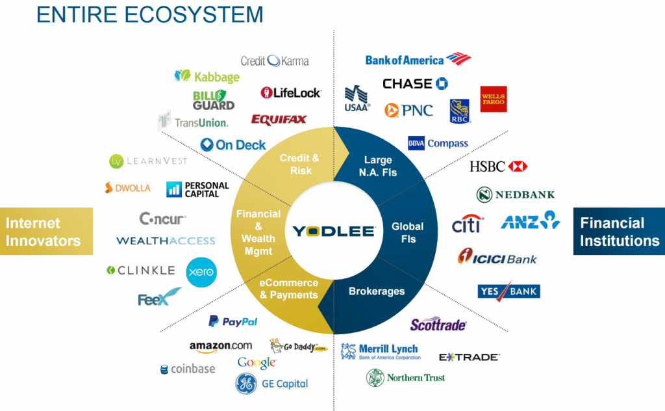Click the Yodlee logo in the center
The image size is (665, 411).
[333, 231]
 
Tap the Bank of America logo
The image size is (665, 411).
[417, 60]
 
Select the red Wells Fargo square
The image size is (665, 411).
[494, 99]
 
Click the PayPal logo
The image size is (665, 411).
[232, 321]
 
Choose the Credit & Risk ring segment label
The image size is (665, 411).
[299, 164]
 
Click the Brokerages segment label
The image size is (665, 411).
[377, 291]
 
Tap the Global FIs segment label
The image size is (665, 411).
[407, 232]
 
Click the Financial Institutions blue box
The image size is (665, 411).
[619, 232]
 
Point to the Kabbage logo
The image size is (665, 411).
[207, 76]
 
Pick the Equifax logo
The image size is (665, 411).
[279, 120]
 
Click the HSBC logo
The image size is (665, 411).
[498, 166]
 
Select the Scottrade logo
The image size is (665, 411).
[438, 325]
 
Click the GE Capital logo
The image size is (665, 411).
[271, 383]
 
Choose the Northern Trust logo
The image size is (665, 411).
[405, 377]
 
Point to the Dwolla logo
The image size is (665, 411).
[127, 188]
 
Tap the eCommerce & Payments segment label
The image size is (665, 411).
[289, 289]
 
